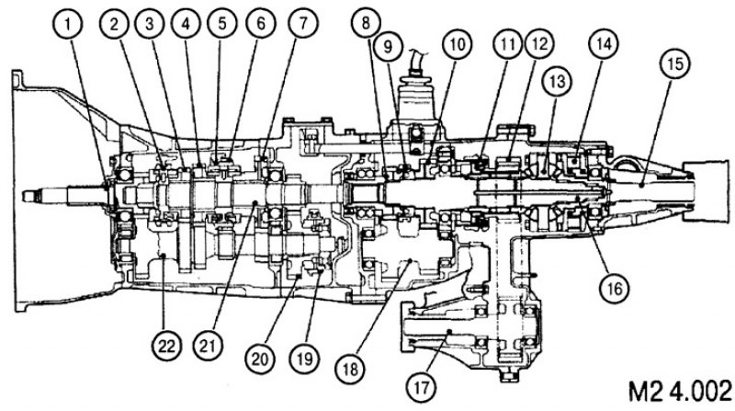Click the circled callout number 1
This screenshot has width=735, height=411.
coord(69,24)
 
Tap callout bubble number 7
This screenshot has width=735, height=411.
coord(303,24)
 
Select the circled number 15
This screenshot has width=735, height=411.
coord(675,63)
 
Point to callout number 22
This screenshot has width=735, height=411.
coord(166,347)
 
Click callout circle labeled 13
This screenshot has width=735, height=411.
coord(557,81)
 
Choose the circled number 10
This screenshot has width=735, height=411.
coord(457,44)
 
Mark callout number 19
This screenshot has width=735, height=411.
coord(304,359)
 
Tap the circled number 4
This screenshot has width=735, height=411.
coord(187,24)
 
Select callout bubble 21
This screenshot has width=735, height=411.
coord(209,347)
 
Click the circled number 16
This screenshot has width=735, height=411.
coord(615,289)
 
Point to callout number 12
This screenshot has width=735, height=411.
coord(539,44)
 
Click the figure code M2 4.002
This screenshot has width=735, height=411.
coord(679,390)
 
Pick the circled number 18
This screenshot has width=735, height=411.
coord(350,369)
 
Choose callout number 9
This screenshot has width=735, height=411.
coord(388,48)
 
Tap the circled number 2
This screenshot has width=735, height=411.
coord(114,24)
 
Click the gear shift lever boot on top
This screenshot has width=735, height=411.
coord(415,97)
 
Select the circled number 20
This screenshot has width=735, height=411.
coord(261,359)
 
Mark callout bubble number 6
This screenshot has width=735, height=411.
coord(261,24)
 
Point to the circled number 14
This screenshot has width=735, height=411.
coord(604,44)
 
